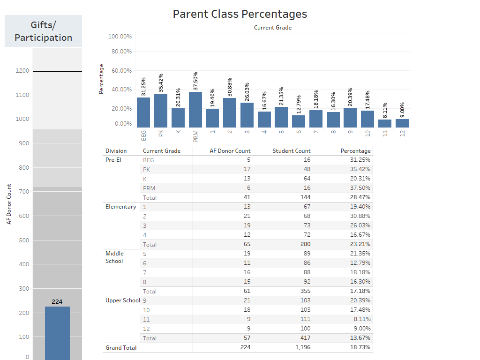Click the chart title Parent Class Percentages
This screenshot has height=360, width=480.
tap(240, 14)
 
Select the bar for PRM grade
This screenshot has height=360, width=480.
tap(195, 110)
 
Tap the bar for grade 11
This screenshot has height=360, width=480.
tap(385, 123)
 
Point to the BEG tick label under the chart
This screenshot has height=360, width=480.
tap(143, 135)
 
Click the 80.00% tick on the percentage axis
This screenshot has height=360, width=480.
tap(120, 52)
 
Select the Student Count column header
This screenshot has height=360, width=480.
tap(292, 151)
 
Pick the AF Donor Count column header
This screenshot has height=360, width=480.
tap(230, 151)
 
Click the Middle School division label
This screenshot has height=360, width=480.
tap(114, 257)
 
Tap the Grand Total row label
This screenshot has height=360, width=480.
tap(121, 347)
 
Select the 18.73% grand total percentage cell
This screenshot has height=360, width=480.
tap(361, 347)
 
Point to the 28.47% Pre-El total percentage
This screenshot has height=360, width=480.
tap(360, 197)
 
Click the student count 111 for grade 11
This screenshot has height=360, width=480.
tap(305, 319)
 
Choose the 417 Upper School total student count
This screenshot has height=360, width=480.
tap(305, 338)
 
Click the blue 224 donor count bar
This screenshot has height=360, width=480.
tap(57, 333)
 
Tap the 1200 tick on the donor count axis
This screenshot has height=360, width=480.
tap(22, 71)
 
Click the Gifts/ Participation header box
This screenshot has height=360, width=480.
tap(43, 31)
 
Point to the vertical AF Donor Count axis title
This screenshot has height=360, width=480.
tap(9, 204)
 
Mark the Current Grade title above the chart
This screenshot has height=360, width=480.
tap(272, 28)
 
